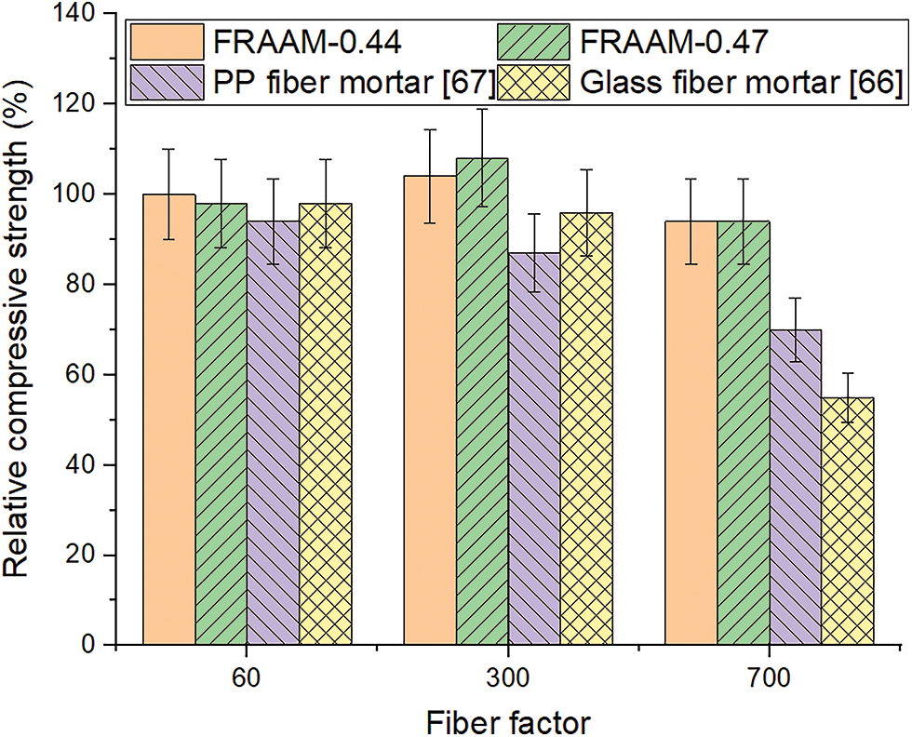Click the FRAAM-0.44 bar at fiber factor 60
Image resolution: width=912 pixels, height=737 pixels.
coord(169,419)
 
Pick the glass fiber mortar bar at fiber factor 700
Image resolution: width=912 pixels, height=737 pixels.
coord(847,521)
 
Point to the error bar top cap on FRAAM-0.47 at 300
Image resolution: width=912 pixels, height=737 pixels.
coord(482,110)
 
